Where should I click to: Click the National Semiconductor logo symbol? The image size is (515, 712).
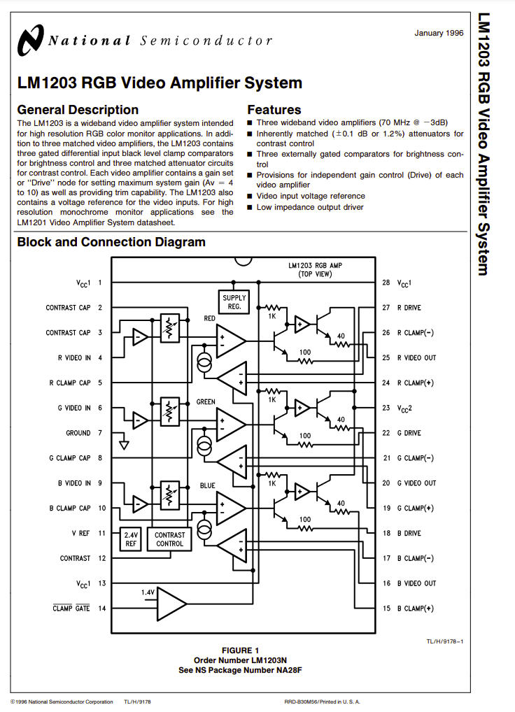(x=30, y=41)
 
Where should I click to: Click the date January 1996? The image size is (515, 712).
(x=439, y=33)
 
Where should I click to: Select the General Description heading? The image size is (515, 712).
(x=78, y=110)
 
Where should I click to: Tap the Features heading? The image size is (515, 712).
(x=274, y=110)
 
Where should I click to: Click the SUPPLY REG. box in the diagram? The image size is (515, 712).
(x=234, y=302)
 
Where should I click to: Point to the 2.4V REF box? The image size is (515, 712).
(x=131, y=539)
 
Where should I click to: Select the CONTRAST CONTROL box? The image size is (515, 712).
(x=169, y=539)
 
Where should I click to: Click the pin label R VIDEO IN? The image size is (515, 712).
(x=74, y=358)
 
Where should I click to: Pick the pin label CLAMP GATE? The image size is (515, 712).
(x=71, y=608)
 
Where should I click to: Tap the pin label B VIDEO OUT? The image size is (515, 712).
(x=416, y=583)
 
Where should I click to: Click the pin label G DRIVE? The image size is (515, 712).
(x=409, y=433)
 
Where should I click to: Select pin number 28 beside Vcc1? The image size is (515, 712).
(x=386, y=283)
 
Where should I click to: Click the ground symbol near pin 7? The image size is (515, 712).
(x=124, y=445)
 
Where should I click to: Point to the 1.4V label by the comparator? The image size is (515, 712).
(x=148, y=592)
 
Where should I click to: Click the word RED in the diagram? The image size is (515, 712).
(x=209, y=318)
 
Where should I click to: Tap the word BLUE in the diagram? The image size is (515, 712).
(x=208, y=485)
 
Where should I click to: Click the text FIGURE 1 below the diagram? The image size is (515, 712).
(x=240, y=650)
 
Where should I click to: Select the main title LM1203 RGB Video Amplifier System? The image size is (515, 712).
(x=160, y=83)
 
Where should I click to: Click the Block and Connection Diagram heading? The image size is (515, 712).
(x=111, y=242)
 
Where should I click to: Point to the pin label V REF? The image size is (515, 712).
(x=80, y=533)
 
